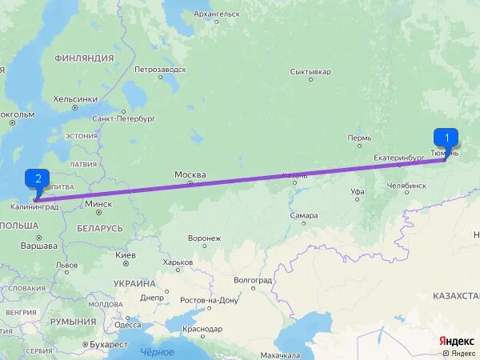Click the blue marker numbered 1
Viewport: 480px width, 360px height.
pos(446,138)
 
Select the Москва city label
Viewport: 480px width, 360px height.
pos(190,175)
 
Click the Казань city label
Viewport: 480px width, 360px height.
pos(294,175)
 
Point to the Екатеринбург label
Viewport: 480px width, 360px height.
pos(398,158)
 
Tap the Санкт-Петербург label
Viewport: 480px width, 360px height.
pos(123,118)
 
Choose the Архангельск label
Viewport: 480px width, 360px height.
pos(216,14)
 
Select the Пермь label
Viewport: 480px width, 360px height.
pos(359,138)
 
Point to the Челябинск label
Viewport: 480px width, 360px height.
pos(406,186)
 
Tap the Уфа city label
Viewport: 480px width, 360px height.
pos(358,192)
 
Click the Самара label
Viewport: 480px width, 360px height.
pos(304,215)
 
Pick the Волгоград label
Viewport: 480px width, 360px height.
pos(253,281)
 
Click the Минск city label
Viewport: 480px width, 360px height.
pos(98,203)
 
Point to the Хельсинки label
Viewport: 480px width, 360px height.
pos(75,99)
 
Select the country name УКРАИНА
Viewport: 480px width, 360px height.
pos(134,283)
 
